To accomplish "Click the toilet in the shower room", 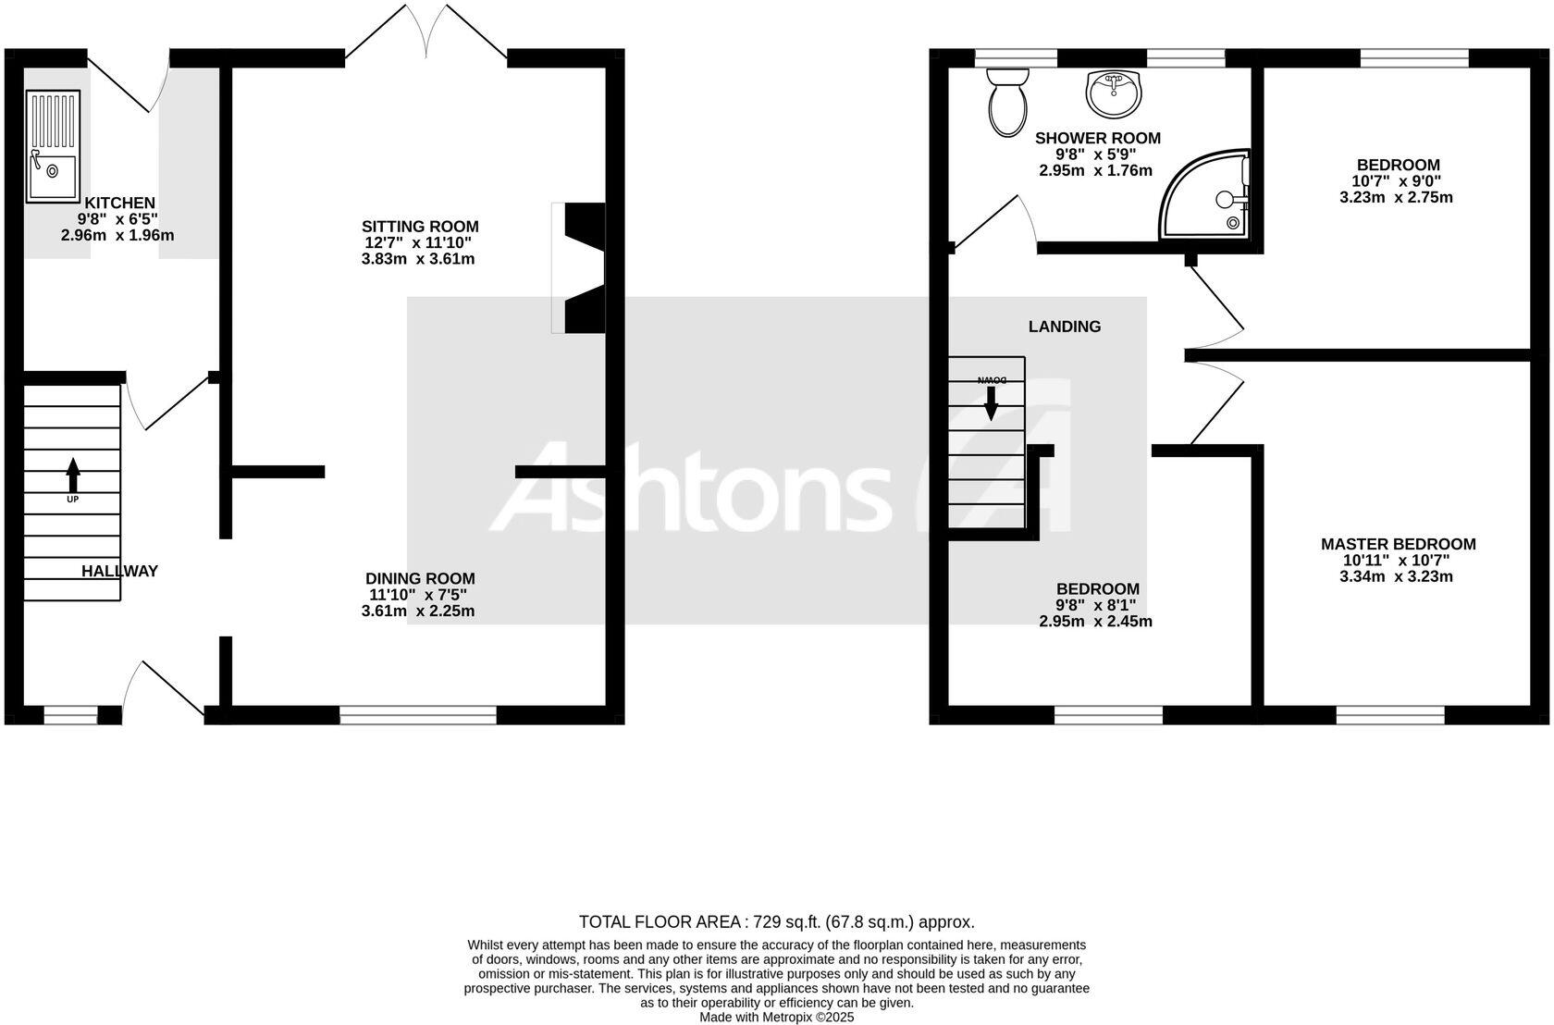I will (x=1007, y=103).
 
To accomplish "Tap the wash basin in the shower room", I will (x=1115, y=93).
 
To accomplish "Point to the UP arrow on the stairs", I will (x=72, y=475).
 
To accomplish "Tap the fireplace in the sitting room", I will (x=580, y=267).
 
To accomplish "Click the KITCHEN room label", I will (x=120, y=203).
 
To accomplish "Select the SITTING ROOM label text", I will (x=420, y=227).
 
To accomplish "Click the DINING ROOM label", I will (x=420, y=579).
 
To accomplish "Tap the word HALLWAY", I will (x=119, y=571).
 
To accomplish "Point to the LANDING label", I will (x=1065, y=327).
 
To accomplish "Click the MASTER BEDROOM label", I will (x=1398, y=544).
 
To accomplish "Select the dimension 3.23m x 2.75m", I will (x=1396, y=198).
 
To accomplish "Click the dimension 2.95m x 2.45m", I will (x=1095, y=622).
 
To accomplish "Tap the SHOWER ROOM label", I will (x=1097, y=138).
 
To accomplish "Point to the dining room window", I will (x=418, y=714).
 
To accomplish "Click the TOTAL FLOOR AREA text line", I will (x=776, y=921).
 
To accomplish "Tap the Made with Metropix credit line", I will (x=776, y=1017).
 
